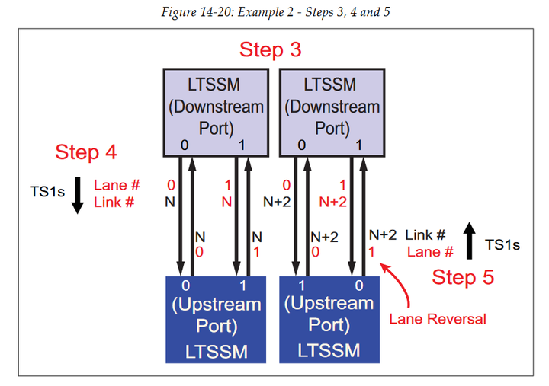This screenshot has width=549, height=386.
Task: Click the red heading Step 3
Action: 270,50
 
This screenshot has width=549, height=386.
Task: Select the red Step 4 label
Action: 85,152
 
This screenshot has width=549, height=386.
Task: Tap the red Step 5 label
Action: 463,277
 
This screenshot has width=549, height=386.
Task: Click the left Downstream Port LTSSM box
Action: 216,111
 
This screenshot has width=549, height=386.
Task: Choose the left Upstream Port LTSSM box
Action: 216,318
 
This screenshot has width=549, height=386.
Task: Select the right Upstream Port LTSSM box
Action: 329,318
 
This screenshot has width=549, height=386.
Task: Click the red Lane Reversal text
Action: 437,318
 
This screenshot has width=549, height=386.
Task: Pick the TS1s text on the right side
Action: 502,244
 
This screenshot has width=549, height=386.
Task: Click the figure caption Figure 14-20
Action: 274,12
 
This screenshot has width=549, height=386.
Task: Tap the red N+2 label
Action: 332,202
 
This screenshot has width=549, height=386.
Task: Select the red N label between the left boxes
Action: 226,202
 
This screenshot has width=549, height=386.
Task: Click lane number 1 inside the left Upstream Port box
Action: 243,286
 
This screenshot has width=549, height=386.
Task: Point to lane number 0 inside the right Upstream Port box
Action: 358,286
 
